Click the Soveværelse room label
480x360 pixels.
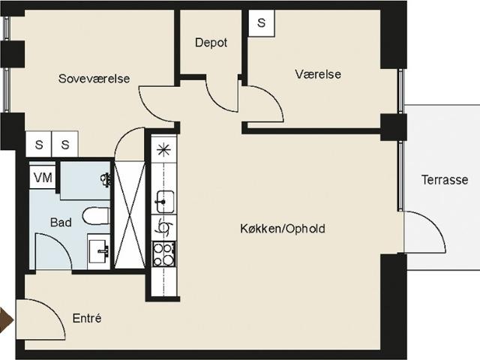tap(94, 79)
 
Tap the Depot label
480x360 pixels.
tap(211, 43)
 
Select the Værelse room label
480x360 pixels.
tap(318, 74)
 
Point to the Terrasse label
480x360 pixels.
tap(445, 180)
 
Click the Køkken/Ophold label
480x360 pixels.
tap(283, 229)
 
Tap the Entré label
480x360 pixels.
tap(87, 318)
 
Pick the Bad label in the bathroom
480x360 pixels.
tap(61, 222)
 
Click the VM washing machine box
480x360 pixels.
tap(43, 178)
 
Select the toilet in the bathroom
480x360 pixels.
tap(96, 216)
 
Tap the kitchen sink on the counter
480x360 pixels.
tap(164, 202)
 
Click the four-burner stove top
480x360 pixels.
tap(164, 253)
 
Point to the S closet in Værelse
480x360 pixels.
tap(261, 23)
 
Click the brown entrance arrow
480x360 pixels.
tap(7, 320)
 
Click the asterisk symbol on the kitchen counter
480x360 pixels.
tap(163, 150)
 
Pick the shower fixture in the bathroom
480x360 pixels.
tap(106, 180)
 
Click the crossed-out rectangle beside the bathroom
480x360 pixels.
tap(129, 215)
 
